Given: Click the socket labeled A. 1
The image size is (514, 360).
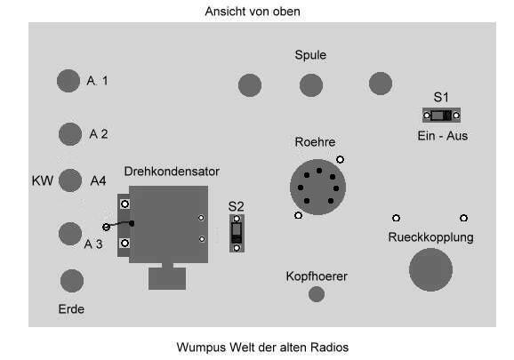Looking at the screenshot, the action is [68, 81].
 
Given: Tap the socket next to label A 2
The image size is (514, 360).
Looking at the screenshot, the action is [70, 134].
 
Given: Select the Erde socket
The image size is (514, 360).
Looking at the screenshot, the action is [72, 281].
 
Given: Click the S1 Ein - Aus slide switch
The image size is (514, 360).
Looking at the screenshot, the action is [441, 116].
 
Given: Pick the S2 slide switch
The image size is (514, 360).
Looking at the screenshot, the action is [237, 233].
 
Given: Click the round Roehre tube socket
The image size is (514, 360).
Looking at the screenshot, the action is [318, 187].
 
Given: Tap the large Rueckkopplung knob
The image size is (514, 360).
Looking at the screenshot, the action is [430, 269].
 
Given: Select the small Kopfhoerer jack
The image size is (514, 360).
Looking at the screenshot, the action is [317, 294].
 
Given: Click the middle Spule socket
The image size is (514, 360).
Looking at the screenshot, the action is [311, 85].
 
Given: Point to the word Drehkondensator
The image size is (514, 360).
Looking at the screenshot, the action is [172, 172].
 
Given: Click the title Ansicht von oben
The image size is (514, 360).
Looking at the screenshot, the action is [253, 12].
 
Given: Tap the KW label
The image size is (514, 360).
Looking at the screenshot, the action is [43, 180].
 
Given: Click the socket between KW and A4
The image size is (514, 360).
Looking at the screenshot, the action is [70, 180].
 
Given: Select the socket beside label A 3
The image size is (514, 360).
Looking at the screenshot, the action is [70, 234].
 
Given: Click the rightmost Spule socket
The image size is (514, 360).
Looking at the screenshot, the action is [381, 84].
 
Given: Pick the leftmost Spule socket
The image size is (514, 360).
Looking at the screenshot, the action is [250, 85].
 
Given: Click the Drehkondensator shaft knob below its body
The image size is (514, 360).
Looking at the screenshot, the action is [167, 278].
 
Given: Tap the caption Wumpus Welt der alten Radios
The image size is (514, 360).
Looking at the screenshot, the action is [262, 348].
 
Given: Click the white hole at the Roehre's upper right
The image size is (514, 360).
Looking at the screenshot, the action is [340, 159].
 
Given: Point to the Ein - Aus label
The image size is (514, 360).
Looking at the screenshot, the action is [443, 136].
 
